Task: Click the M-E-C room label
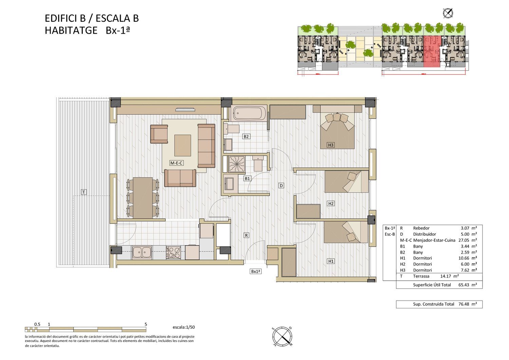tap(176, 163)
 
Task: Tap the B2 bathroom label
tap(246, 137)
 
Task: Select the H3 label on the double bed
tap(331, 145)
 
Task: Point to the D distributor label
tap(281, 185)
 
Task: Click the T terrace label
tap(83, 192)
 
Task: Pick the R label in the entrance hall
tap(246, 235)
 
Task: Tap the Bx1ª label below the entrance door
tap(256, 271)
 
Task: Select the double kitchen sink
tap(142, 252)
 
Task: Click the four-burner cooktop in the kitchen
tap(173, 253)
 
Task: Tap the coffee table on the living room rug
tap(183, 145)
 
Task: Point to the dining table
tap(143, 198)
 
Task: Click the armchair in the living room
tap(159, 134)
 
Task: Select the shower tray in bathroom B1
tap(237, 164)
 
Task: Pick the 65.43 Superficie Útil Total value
tap(464, 285)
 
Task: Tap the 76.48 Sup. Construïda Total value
tap(464, 304)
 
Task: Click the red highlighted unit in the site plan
tap(432, 51)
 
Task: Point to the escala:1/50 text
tap(184, 327)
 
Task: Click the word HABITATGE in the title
tap(71, 30)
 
